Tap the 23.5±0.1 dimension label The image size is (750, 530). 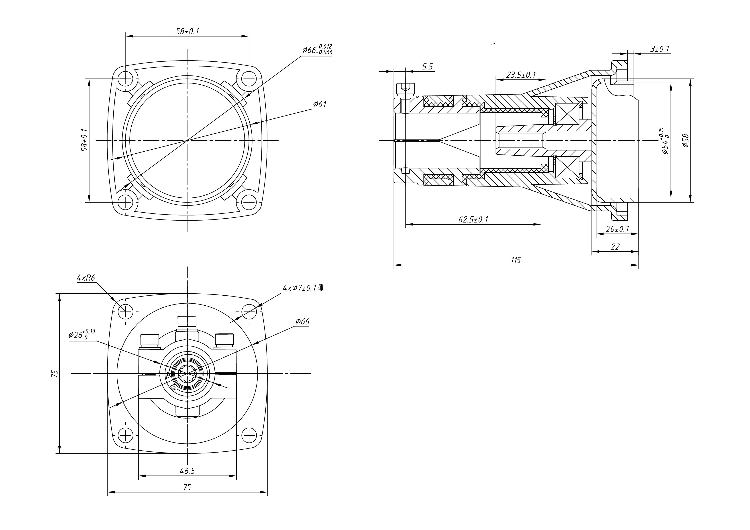click(x=521, y=75)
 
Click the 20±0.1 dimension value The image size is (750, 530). click(x=617, y=229)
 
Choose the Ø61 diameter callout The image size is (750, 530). click(x=320, y=104)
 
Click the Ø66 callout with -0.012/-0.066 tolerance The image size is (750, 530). click(x=317, y=50)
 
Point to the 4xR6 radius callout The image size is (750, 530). click(x=86, y=278)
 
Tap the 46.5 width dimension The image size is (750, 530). click(x=187, y=471)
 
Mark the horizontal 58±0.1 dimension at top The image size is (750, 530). click(x=187, y=31)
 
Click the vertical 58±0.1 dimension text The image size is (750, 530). click(x=84, y=140)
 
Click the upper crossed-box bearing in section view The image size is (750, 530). click(x=567, y=114)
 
